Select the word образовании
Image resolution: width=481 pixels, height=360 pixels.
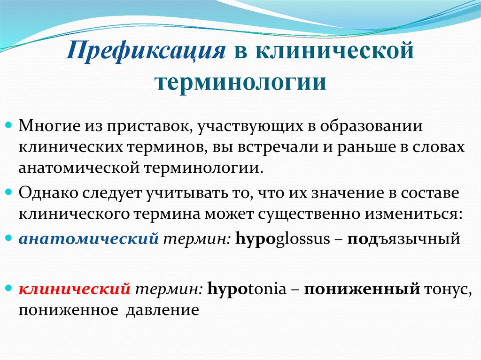tap(376, 126)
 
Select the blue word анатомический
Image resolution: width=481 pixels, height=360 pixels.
tap(88, 239)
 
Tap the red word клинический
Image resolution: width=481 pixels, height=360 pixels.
tap(74, 289)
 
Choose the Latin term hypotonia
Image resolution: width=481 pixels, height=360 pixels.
tap(246, 289)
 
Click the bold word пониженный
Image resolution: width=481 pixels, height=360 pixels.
tap(361, 289)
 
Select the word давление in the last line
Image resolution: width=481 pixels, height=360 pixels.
tap(163, 310)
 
